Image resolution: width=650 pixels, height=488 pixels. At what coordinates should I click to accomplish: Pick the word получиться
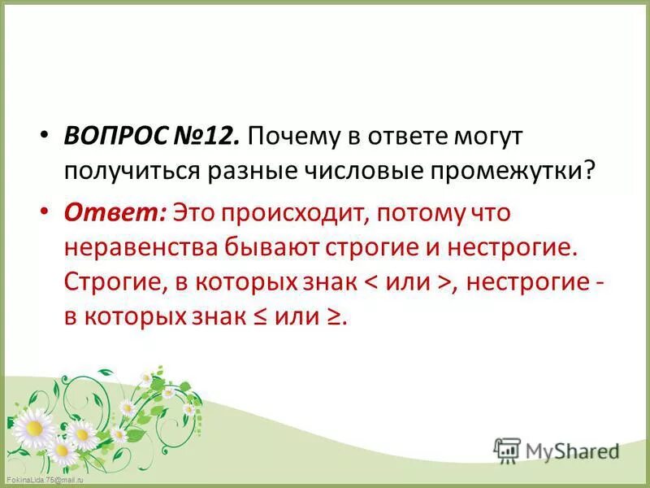tap(132, 172)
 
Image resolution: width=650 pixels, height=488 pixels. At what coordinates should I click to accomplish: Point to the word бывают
tap(265, 246)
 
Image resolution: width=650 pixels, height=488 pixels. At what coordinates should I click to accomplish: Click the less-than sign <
tap(369, 281)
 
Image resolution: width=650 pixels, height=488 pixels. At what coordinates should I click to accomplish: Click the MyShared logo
tap(556, 451)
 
